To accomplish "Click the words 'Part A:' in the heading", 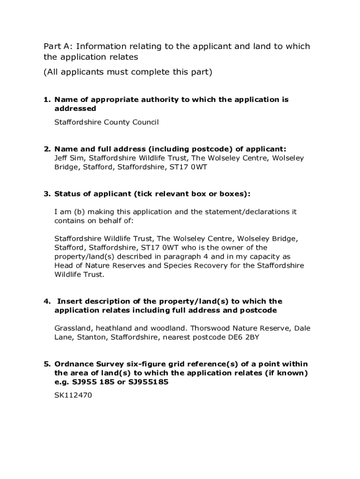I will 58,46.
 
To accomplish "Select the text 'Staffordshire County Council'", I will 107,123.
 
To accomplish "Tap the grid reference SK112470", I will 73,395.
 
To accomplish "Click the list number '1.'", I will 47,100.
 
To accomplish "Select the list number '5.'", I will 47,364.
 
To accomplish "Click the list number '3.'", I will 47,194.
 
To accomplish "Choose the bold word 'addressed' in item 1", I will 75,109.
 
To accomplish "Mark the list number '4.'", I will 47,301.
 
